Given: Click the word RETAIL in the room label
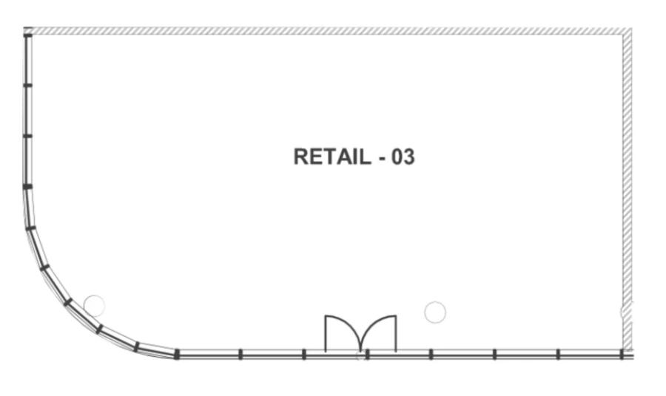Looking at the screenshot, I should coord(329,157).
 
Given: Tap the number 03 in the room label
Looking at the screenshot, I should coord(403,157).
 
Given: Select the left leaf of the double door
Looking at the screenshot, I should coord(340,332).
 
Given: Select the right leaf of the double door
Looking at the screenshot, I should coord(380,332).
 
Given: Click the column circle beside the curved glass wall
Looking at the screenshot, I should coord(94,304).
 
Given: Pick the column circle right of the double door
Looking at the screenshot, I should coord(435,313).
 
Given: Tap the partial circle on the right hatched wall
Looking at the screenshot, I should coord(625,311).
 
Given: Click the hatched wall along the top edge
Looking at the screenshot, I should coord(326,31).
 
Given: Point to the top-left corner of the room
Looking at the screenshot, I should coord(27,32).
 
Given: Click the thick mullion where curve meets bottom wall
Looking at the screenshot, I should coord(176,355).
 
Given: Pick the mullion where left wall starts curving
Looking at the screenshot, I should coord(27,187).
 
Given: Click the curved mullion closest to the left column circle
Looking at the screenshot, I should coord(99,329).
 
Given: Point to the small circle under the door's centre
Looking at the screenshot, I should coord(360,357).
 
